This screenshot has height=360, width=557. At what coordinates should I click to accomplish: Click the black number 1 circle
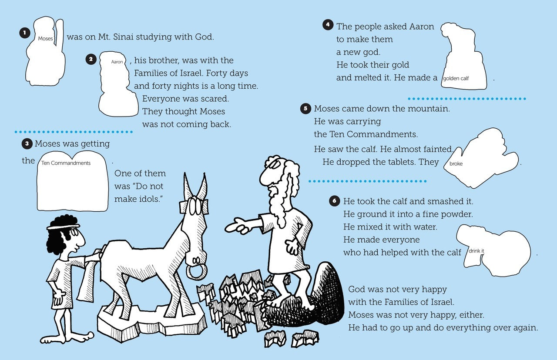pos(25,33)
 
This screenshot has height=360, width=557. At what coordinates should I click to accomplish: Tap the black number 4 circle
pos(328,25)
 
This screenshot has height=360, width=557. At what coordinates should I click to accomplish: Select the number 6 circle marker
pos(335,201)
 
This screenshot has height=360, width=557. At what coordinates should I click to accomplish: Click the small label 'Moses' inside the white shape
pos(45,39)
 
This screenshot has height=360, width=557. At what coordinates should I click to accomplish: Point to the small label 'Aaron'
pos(117,62)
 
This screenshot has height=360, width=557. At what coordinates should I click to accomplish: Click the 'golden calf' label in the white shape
pos(456,79)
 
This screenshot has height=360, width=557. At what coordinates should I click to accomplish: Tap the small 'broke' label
pos(456,163)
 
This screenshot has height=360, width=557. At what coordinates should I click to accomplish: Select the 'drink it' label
pos(476,251)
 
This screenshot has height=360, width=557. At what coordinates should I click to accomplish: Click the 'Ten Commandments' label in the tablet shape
pos(66,163)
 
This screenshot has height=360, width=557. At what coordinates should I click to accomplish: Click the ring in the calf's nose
pos(196,272)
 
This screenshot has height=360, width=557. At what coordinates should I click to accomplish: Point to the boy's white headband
pos(64,227)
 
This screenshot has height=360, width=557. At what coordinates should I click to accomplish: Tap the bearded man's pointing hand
pos(236,226)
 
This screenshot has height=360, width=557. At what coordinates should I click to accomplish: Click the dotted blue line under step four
pos(467,99)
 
